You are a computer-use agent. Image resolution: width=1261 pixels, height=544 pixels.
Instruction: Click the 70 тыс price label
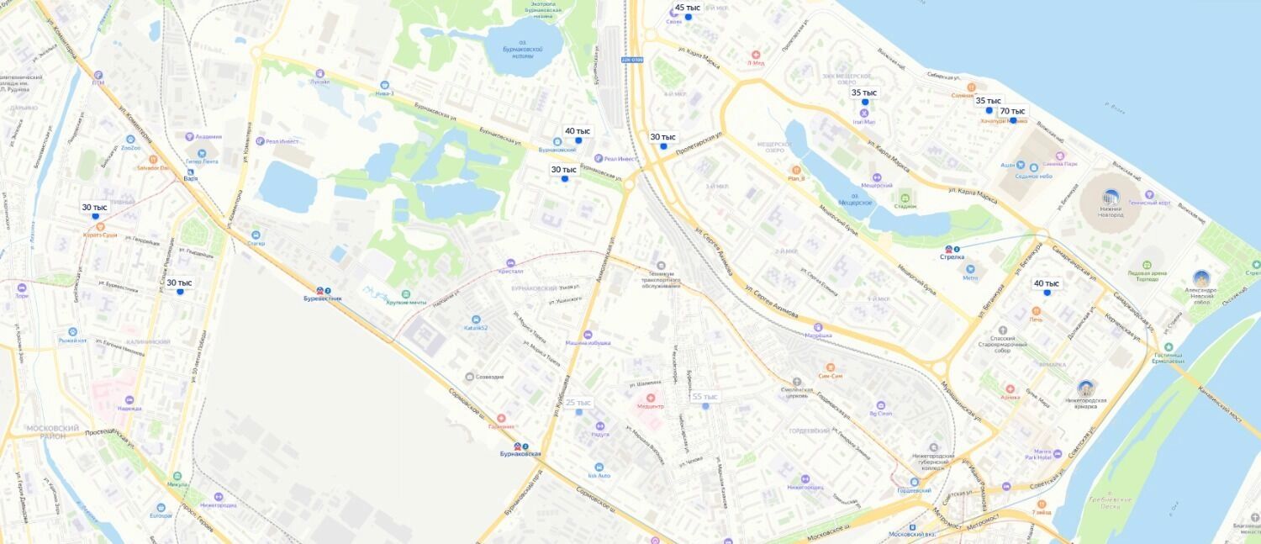[x=1012, y=111]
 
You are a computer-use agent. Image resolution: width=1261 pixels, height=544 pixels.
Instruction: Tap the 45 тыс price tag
[x=687, y=8]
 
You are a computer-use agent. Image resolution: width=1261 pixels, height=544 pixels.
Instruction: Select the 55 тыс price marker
[x=704, y=397]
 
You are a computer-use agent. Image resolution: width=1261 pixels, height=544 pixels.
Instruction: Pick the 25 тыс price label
[x=578, y=403]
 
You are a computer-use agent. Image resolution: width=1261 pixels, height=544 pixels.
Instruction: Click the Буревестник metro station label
[x=324, y=298]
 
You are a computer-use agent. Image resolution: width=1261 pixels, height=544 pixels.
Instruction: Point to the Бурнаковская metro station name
[x=520, y=454]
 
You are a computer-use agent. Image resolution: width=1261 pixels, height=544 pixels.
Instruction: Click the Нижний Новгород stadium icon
[x=1111, y=198]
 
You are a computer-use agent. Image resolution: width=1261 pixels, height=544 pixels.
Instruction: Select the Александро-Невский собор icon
[x=1201, y=278]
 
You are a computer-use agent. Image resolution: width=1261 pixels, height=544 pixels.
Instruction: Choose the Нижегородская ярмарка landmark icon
[x=1086, y=388]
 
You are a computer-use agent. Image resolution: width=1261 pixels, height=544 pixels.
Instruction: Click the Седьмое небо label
[x=1033, y=176]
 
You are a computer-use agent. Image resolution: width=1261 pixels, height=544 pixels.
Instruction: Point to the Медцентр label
[x=650, y=406]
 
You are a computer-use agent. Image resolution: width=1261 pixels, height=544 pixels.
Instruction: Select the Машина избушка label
[x=588, y=343]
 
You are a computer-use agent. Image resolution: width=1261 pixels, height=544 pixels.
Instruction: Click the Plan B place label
[x=796, y=178]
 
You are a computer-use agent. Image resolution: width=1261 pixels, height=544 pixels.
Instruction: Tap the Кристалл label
[x=510, y=271]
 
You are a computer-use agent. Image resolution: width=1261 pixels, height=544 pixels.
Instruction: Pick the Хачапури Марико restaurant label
[x=1003, y=121]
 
